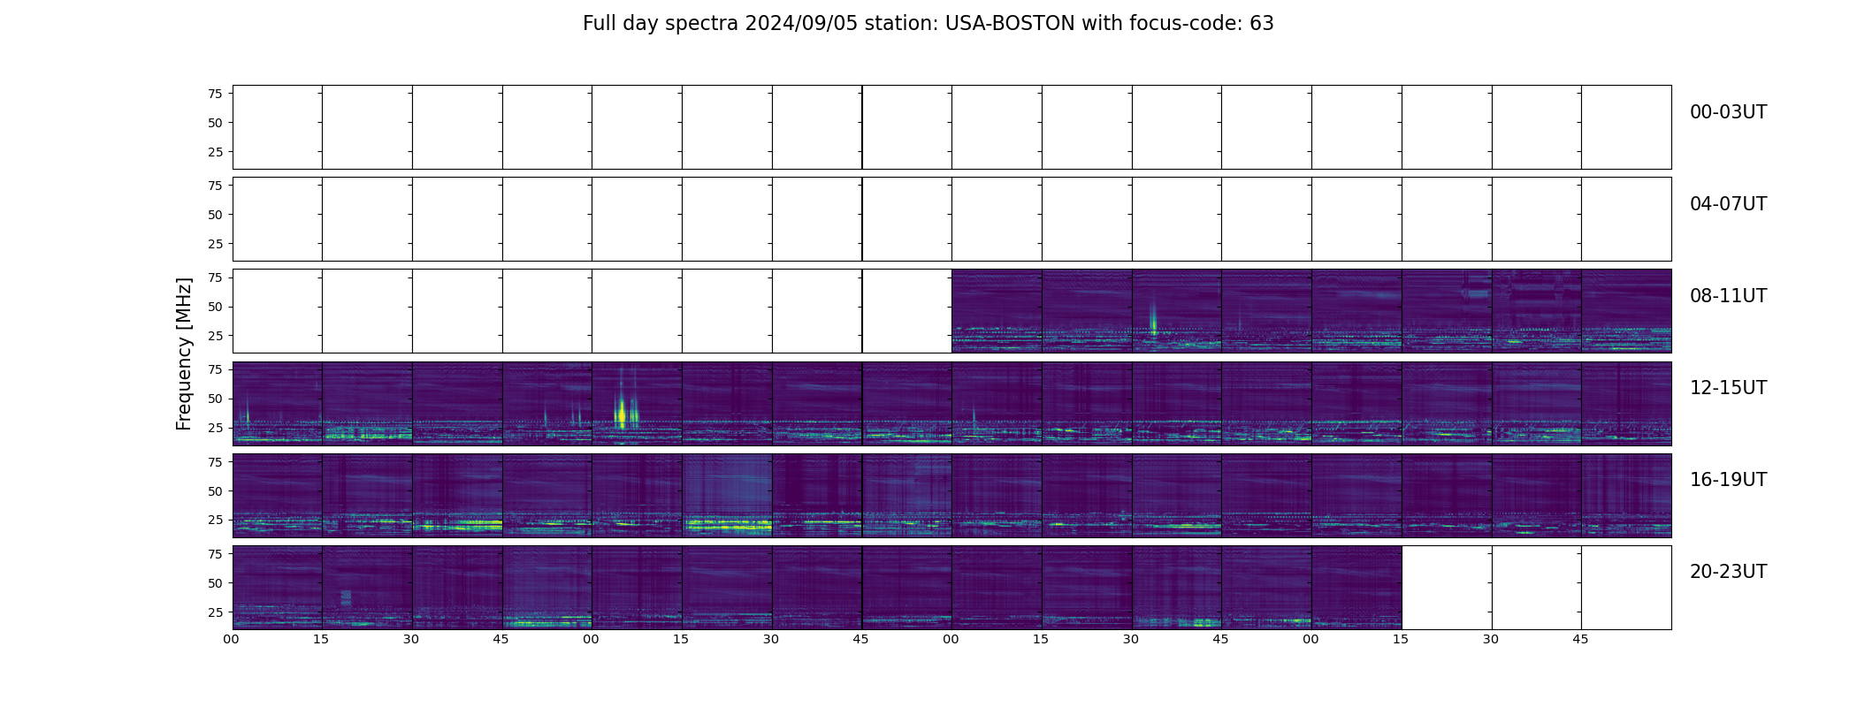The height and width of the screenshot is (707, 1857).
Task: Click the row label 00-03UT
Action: [x=1728, y=112]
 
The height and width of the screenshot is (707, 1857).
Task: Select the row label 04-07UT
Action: [x=1728, y=204]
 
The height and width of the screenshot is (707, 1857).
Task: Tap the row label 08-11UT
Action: [x=1728, y=296]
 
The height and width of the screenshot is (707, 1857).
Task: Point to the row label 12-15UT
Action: [x=1728, y=388]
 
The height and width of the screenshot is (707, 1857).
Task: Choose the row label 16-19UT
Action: [x=1728, y=480]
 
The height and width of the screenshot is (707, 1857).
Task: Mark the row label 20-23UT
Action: [x=1728, y=572]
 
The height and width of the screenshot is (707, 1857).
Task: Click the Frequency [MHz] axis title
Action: [x=184, y=353]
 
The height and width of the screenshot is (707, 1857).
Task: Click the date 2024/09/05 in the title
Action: [x=792, y=24]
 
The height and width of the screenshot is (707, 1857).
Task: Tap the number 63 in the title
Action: [x=1262, y=24]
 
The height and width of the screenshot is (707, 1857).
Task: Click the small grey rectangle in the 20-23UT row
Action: [x=346, y=597]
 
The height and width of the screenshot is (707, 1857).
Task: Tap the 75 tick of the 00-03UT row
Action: [x=215, y=94]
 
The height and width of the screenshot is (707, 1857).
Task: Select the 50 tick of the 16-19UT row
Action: [x=215, y=491]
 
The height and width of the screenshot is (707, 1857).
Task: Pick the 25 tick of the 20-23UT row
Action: [x=215, y=612]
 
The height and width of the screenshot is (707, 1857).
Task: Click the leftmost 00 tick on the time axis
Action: [x=232, y=639]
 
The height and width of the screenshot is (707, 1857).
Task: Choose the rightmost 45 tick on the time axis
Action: [x=1580, y=639]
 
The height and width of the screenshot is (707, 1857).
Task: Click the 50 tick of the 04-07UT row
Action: [x=215, y=215]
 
